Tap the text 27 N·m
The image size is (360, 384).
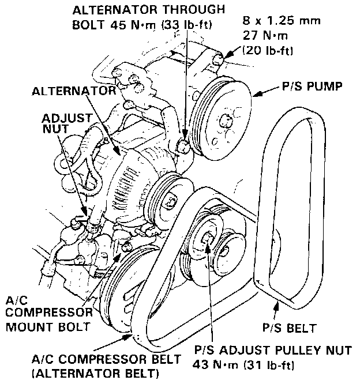tap(261, 36)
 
